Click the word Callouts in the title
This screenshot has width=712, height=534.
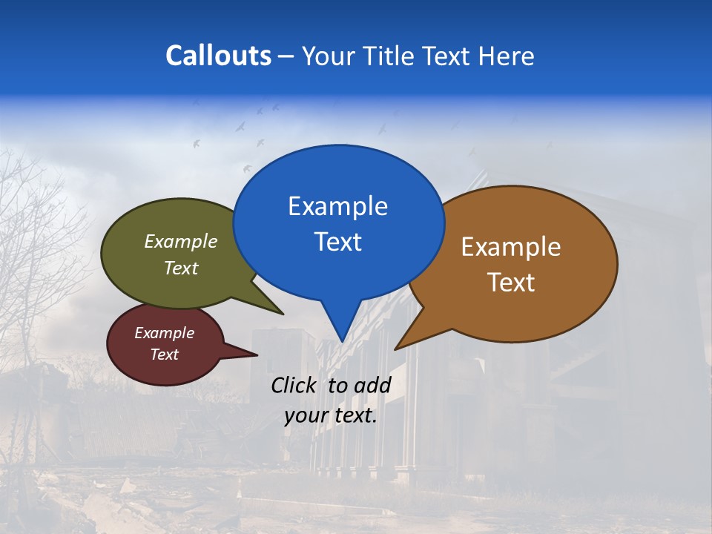218,56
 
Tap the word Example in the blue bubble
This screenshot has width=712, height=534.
337,206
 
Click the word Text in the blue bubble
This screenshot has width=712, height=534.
337,242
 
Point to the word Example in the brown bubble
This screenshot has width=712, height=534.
511,247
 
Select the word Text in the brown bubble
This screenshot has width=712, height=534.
511,283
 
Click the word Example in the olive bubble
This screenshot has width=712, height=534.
181,242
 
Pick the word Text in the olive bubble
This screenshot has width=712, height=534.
181,268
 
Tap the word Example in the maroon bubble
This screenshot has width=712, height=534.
164,333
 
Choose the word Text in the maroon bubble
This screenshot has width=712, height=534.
164,355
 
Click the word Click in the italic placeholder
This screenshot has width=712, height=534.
295,385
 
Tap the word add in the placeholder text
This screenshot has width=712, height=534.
372,385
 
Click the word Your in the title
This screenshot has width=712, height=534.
328,56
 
